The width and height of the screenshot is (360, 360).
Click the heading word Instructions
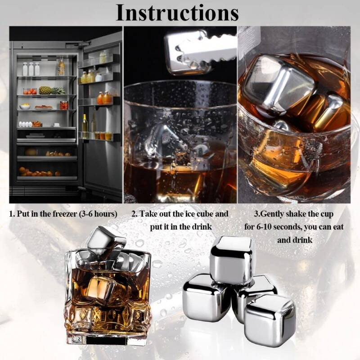pos(177,13)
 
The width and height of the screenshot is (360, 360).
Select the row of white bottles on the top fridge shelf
pos(31,69)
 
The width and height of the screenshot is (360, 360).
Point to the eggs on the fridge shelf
pos(25,125)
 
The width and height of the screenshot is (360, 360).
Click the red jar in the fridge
pos(64,105)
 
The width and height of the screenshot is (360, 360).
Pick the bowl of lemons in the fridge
pos(25,106)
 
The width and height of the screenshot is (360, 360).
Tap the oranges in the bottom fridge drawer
pos(39,172)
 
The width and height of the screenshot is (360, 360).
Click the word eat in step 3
pos(338,227)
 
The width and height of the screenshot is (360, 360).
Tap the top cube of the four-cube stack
pos(232,260)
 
